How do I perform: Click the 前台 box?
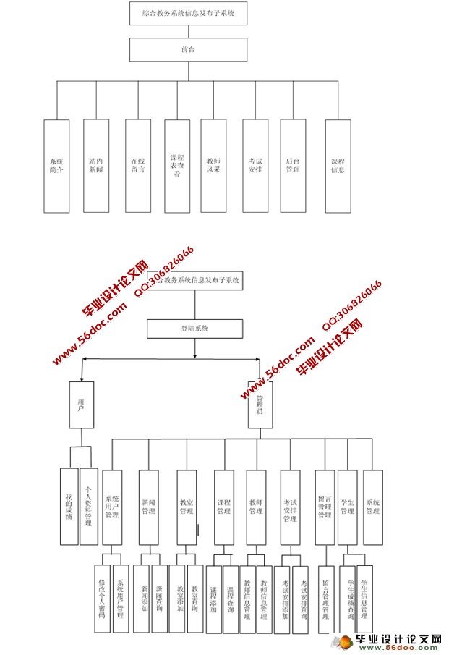point(189,49)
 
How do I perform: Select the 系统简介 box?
point(56,166)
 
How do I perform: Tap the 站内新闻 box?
point(96,165)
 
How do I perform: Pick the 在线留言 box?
point(137,165)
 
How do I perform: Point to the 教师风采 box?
point(214,165)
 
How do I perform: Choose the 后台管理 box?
point(293,165)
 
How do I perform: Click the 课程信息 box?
point(338,166)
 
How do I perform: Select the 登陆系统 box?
point(194,329)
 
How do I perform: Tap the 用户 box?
point(81,404)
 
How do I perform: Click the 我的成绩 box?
point(69,506)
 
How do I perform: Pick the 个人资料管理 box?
point(89,506)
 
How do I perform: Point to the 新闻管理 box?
point(149,507)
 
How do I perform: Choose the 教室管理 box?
point(187,507)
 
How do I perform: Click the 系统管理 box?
point(372,507)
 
